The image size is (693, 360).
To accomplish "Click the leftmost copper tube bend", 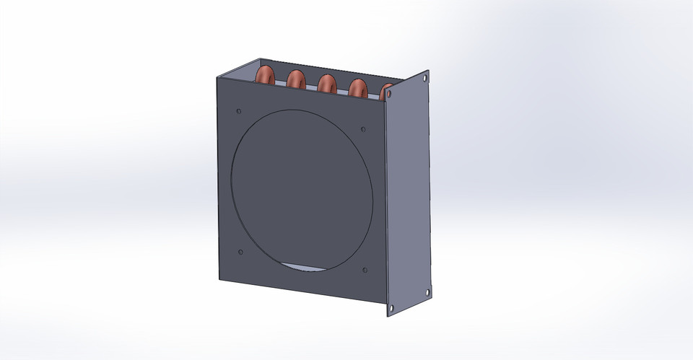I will pos(265,74).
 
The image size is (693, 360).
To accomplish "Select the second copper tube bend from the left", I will pos(296,79).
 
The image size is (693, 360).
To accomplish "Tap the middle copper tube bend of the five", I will pos(326,84).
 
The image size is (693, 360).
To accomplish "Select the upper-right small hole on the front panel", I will pos(363,130).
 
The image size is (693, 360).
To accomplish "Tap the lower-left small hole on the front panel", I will pos(240,252).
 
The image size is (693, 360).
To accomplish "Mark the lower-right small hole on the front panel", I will pos(365,271).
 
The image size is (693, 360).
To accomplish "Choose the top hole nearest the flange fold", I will pos(389,95).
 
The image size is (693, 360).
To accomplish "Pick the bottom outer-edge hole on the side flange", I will pos(427,292).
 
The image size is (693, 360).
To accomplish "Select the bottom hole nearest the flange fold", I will pos(391,308).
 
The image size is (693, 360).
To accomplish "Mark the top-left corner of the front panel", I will pos(217,75).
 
